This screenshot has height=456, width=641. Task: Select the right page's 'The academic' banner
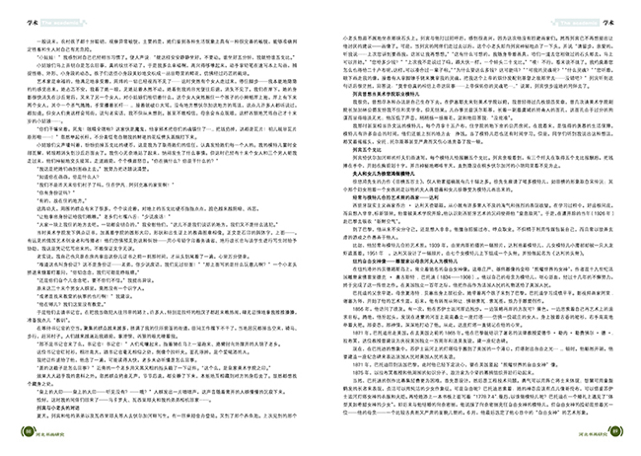582,11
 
